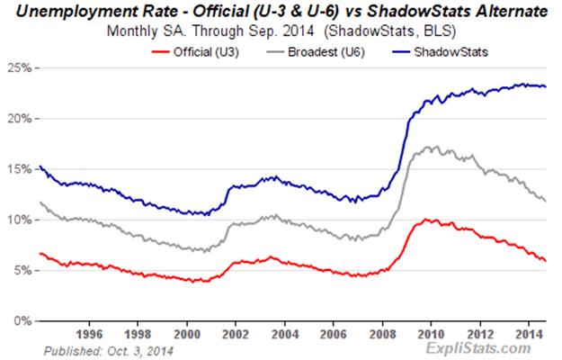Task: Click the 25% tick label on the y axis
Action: (x=21, y=68)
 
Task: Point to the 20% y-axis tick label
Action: (x=21, y=119)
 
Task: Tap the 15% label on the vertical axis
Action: (x=21, y=169)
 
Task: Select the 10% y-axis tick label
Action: (x=21, y=220)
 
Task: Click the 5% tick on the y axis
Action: (x=23, y=270)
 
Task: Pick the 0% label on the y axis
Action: (x=23, y=320)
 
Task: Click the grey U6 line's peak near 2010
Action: (x=435, y=146)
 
